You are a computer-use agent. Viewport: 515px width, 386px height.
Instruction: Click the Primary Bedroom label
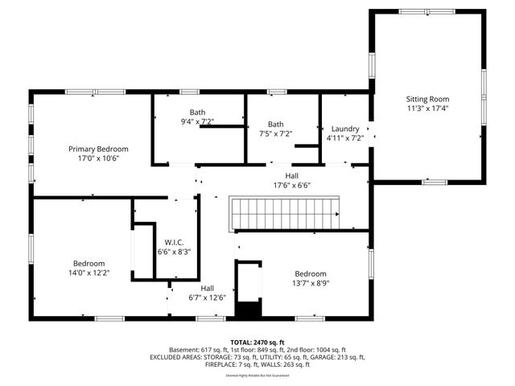pos(98,149)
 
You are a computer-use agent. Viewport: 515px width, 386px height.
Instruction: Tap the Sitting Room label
pos(427,99)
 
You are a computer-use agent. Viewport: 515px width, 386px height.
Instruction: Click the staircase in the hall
pos(286,212)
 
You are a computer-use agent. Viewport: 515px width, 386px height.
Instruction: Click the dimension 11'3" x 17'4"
pos(427,108)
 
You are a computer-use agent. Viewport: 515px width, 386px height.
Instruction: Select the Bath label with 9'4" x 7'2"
pos(197,113)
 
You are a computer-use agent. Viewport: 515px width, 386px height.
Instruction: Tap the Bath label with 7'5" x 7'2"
pos(276,124)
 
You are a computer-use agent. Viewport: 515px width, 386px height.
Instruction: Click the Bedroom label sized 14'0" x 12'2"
pos(89,264)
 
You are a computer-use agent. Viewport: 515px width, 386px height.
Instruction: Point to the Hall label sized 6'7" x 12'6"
pos(207,288)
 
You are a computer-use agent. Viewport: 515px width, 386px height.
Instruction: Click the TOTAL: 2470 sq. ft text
pos(257,341)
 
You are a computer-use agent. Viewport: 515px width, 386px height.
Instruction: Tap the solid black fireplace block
pos(249,310)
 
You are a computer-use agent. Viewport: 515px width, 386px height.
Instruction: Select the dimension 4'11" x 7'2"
pos(344,138)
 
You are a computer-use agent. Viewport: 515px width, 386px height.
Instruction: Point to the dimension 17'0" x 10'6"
pos(98,158)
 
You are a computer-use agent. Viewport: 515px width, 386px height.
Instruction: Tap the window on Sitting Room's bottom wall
pos(435,183)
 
